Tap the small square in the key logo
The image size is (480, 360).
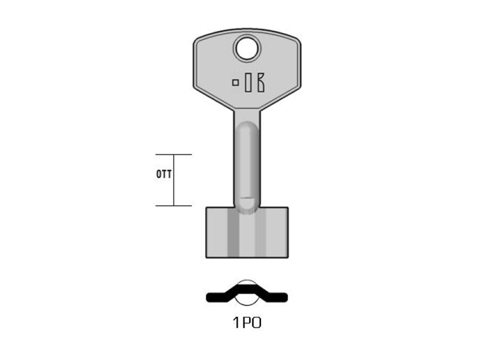point(235,82)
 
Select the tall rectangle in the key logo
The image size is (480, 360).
point(248,82)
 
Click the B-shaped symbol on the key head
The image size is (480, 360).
point(260,82)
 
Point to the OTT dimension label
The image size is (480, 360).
point(164,174)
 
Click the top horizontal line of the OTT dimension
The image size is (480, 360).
point(173,155)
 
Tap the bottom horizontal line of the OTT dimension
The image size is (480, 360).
point(173,206)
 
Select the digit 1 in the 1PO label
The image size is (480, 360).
point(236,323)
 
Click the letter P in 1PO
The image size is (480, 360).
point(247,323)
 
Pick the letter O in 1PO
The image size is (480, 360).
point(257,323)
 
